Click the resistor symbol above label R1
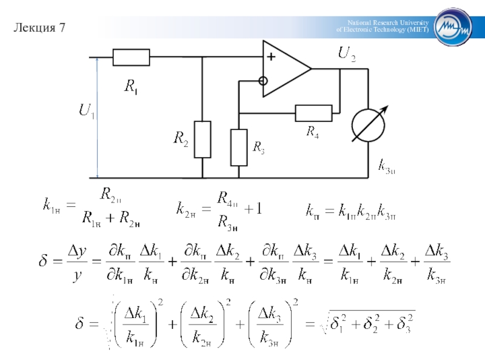pos(131,58)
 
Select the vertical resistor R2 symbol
pos(202,140)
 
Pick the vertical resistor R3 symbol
pos(239,147)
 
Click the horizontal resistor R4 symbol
pos(313,113)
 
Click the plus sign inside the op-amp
pos(270,57)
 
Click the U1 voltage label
pos(86,112)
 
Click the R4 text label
pos(312,130)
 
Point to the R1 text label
pos(131,87)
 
